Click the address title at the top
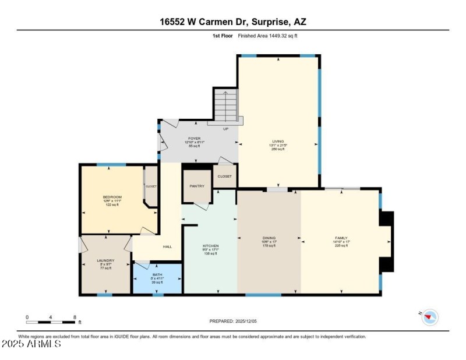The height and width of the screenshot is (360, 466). tap(232, 22)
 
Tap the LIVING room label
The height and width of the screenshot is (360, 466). tap(277, 142)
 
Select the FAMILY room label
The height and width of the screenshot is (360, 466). tap(341, 238)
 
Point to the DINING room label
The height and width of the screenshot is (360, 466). tap(269, 238)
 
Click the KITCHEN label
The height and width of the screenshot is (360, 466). tap(210, 246)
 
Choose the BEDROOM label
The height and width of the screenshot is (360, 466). tap(112, 197)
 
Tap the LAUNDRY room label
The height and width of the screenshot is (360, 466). tap(105, 260)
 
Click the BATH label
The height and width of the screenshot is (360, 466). tap(157, 274)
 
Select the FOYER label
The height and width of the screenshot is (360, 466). tap(178, 139)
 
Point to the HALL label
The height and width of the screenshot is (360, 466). tap(167, 247)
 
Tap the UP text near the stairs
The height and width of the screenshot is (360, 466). tap(225, 129)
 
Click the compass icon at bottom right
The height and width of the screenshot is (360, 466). tap(430, 317)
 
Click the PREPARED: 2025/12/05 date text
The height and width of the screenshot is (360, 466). tap(233, 321)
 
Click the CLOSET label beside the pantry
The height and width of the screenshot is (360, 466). tap(224, 176)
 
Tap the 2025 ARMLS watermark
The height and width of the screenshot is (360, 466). tap(31, 344)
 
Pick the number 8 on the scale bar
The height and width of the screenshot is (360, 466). tap(75, 317)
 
